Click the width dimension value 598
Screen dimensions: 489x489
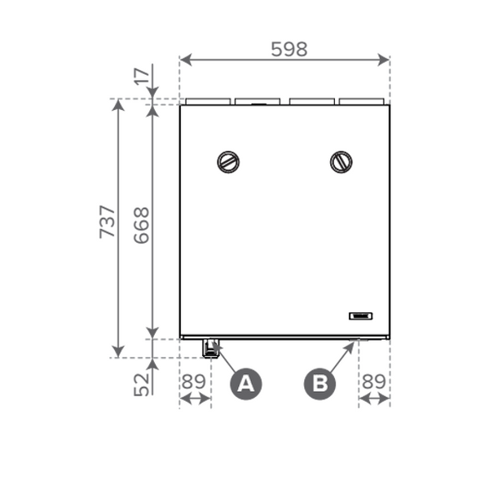[289, 49]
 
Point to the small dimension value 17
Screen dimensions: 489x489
[142, 79]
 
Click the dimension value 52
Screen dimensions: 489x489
[142, 380]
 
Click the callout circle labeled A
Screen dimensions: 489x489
[246, 383]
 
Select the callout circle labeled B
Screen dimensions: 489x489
[319, 383]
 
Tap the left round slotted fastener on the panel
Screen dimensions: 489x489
[228, 161]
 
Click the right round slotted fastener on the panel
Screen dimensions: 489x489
[341, 161]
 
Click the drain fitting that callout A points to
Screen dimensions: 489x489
[211, 349]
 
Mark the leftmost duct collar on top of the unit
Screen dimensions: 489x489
[207, 102]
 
